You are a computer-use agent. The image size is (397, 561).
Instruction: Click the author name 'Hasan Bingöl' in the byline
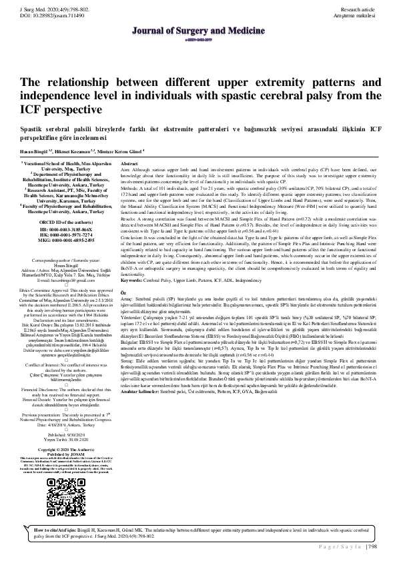point(35,151)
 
